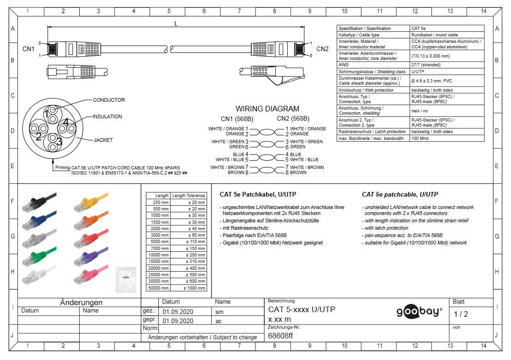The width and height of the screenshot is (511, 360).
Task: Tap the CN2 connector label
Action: [322, 49]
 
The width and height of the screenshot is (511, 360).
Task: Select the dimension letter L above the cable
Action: [176, 23]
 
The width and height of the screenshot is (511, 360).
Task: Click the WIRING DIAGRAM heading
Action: [267, 109]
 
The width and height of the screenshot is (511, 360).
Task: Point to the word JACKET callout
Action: [103, 140]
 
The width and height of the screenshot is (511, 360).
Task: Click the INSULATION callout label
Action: [107, 116]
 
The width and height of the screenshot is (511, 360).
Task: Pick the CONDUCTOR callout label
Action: [109, 100]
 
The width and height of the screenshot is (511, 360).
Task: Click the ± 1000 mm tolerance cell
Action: [195, 288]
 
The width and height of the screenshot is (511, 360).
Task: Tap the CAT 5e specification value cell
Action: [447, 29]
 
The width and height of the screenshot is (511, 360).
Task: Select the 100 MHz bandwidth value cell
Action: [447, 138]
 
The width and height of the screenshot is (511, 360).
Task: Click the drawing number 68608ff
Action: [280, 336]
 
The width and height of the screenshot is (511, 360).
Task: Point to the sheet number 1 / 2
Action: [460, 314]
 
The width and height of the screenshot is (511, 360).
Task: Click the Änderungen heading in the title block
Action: [81, 302]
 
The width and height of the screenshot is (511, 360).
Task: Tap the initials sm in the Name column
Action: [219, 312]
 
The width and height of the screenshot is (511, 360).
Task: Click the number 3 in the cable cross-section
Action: [59, 142]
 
